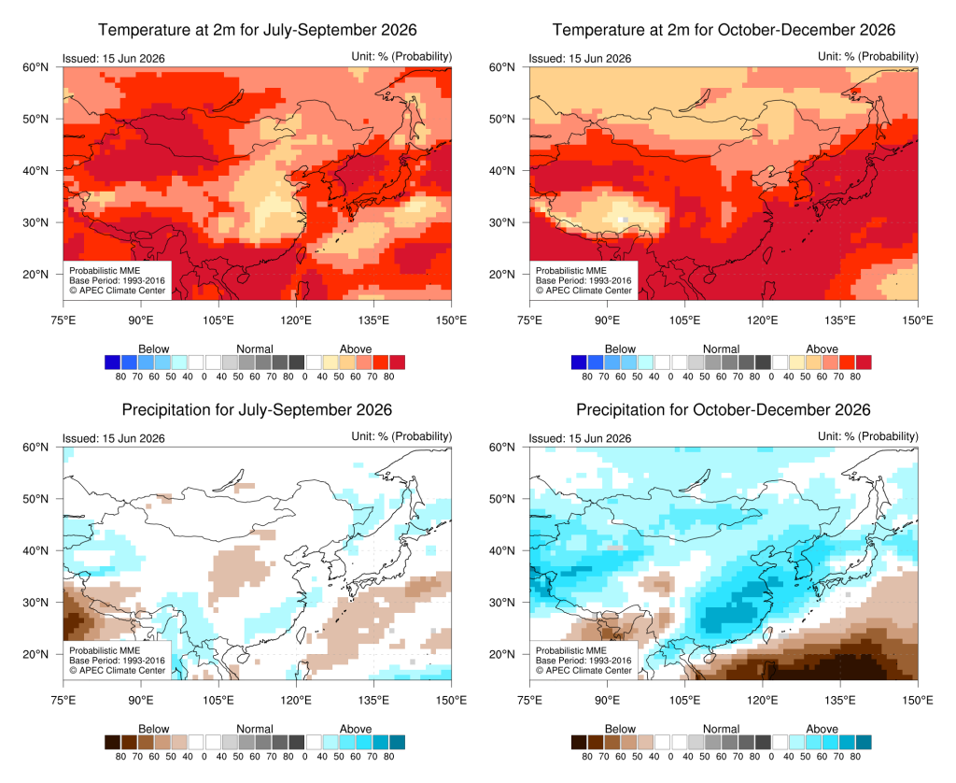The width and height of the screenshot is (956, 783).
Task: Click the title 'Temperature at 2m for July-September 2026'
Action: click(258, 30)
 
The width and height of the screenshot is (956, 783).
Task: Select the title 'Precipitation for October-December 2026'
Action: click(724, 409)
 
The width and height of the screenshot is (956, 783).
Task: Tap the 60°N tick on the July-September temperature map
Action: click(35, 67)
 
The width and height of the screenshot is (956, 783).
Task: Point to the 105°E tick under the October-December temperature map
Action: click(684, 320)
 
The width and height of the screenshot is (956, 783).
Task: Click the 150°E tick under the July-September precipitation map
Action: click(451, 700)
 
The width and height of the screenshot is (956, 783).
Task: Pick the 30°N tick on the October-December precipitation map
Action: click(501, 603)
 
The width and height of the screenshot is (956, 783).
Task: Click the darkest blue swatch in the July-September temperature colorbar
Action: click(113, 363)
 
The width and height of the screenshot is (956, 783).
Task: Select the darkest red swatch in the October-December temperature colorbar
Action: click(864, 363)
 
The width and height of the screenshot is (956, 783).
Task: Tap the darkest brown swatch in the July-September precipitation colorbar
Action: click(113, 742)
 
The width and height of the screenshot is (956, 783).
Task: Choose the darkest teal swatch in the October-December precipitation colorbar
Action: click(864, 742)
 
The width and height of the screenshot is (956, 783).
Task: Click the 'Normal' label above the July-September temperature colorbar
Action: click(254, 349)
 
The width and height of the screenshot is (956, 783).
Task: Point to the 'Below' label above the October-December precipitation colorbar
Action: click(620, 729)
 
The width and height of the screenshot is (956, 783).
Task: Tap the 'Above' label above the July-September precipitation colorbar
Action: click(356, 729)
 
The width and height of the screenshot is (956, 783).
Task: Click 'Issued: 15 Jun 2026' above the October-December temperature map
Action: click(580, 59)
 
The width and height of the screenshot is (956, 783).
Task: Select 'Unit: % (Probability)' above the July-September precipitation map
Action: click(401, 436)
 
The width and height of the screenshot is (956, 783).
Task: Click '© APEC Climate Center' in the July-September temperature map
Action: click(117, 291)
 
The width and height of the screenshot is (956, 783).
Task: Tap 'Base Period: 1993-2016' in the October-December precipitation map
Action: click(583, 661)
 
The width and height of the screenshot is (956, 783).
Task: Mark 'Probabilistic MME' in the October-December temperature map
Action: click(571, 270)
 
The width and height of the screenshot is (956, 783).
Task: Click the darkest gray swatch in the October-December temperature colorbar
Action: click(763, 363)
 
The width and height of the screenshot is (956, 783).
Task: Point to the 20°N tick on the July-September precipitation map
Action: click(35, 654)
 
